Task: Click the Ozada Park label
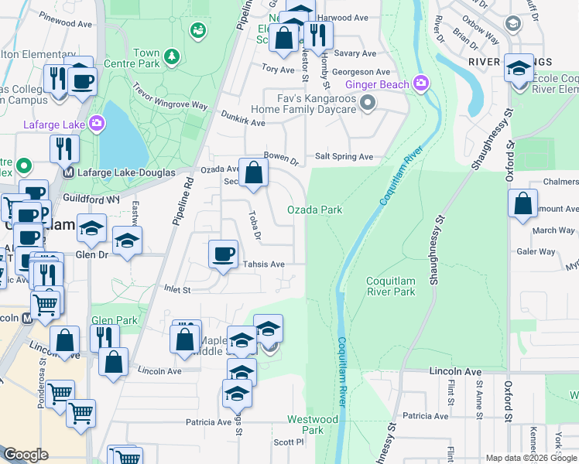(x=314, y=210)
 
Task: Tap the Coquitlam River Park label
(x=391, y=286)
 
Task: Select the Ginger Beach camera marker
(x=420, y=82)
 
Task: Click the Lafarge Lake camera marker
(x=97, y=122)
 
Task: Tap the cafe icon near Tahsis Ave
(x=224, y=254)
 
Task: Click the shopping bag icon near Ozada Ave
(x=253, y=173)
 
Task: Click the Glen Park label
(x=114, y=320)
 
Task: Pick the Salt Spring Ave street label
(x=344, y=157)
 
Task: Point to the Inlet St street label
(x=176, y=290)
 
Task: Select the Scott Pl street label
(x=289, y=442)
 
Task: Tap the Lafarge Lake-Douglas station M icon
(x=68, y=172)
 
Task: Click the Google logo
(x=26, y=455)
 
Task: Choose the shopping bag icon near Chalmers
(x=523, y=204)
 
